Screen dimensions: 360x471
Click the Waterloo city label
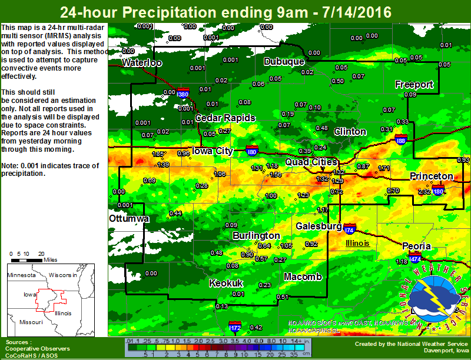point(141,63)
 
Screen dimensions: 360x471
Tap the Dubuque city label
point(284,62)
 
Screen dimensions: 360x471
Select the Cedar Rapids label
point(225,118)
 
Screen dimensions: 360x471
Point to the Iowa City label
point(213,151)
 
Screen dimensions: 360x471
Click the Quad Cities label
point(311,162)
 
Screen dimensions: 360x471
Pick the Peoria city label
point(417,246)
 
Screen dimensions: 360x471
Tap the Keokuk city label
point(226,283)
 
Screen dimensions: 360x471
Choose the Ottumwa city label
point(129,219)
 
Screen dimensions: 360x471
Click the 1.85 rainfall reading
point(158,154)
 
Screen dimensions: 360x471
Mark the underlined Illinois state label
point(357,243)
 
